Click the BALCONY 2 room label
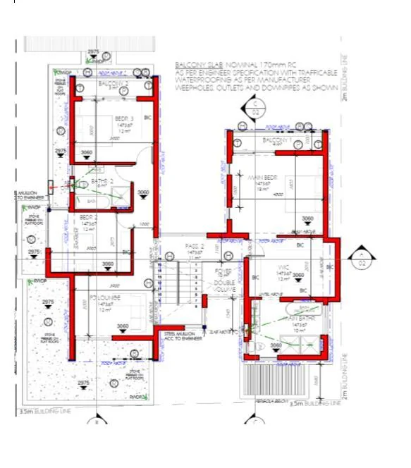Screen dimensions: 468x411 [x=113, y=84]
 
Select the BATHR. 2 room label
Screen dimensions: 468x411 [x=102, y=182]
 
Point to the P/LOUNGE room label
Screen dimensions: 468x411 [x=106, y=298]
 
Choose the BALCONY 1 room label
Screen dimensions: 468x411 [x=276, y=141]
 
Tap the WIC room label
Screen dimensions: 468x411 [x=284, y=267]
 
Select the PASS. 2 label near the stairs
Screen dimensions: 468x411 [x=195, y=246]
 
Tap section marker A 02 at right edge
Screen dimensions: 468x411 [x=361, y=258]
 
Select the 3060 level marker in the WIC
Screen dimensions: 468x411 [x=298, y=275]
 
